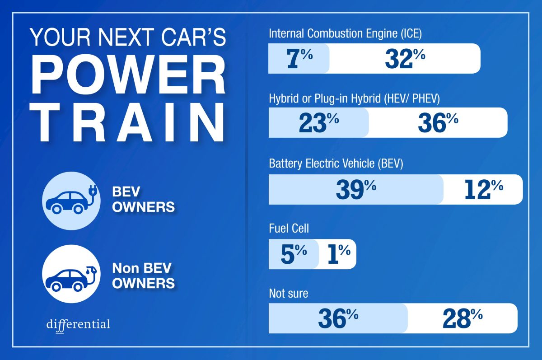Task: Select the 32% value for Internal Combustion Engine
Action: click(x=405, y=59)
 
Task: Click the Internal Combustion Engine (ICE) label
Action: click(x=345, y=33)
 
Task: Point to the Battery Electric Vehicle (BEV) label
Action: click(x=336, y=163)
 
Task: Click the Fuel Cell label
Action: click(x=289, y=229)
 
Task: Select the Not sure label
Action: click(x=288, y=293)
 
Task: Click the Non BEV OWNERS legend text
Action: click(x=143, y=275)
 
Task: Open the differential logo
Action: click(x=78, y=325)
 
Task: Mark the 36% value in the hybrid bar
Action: click(x=438, y=123)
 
